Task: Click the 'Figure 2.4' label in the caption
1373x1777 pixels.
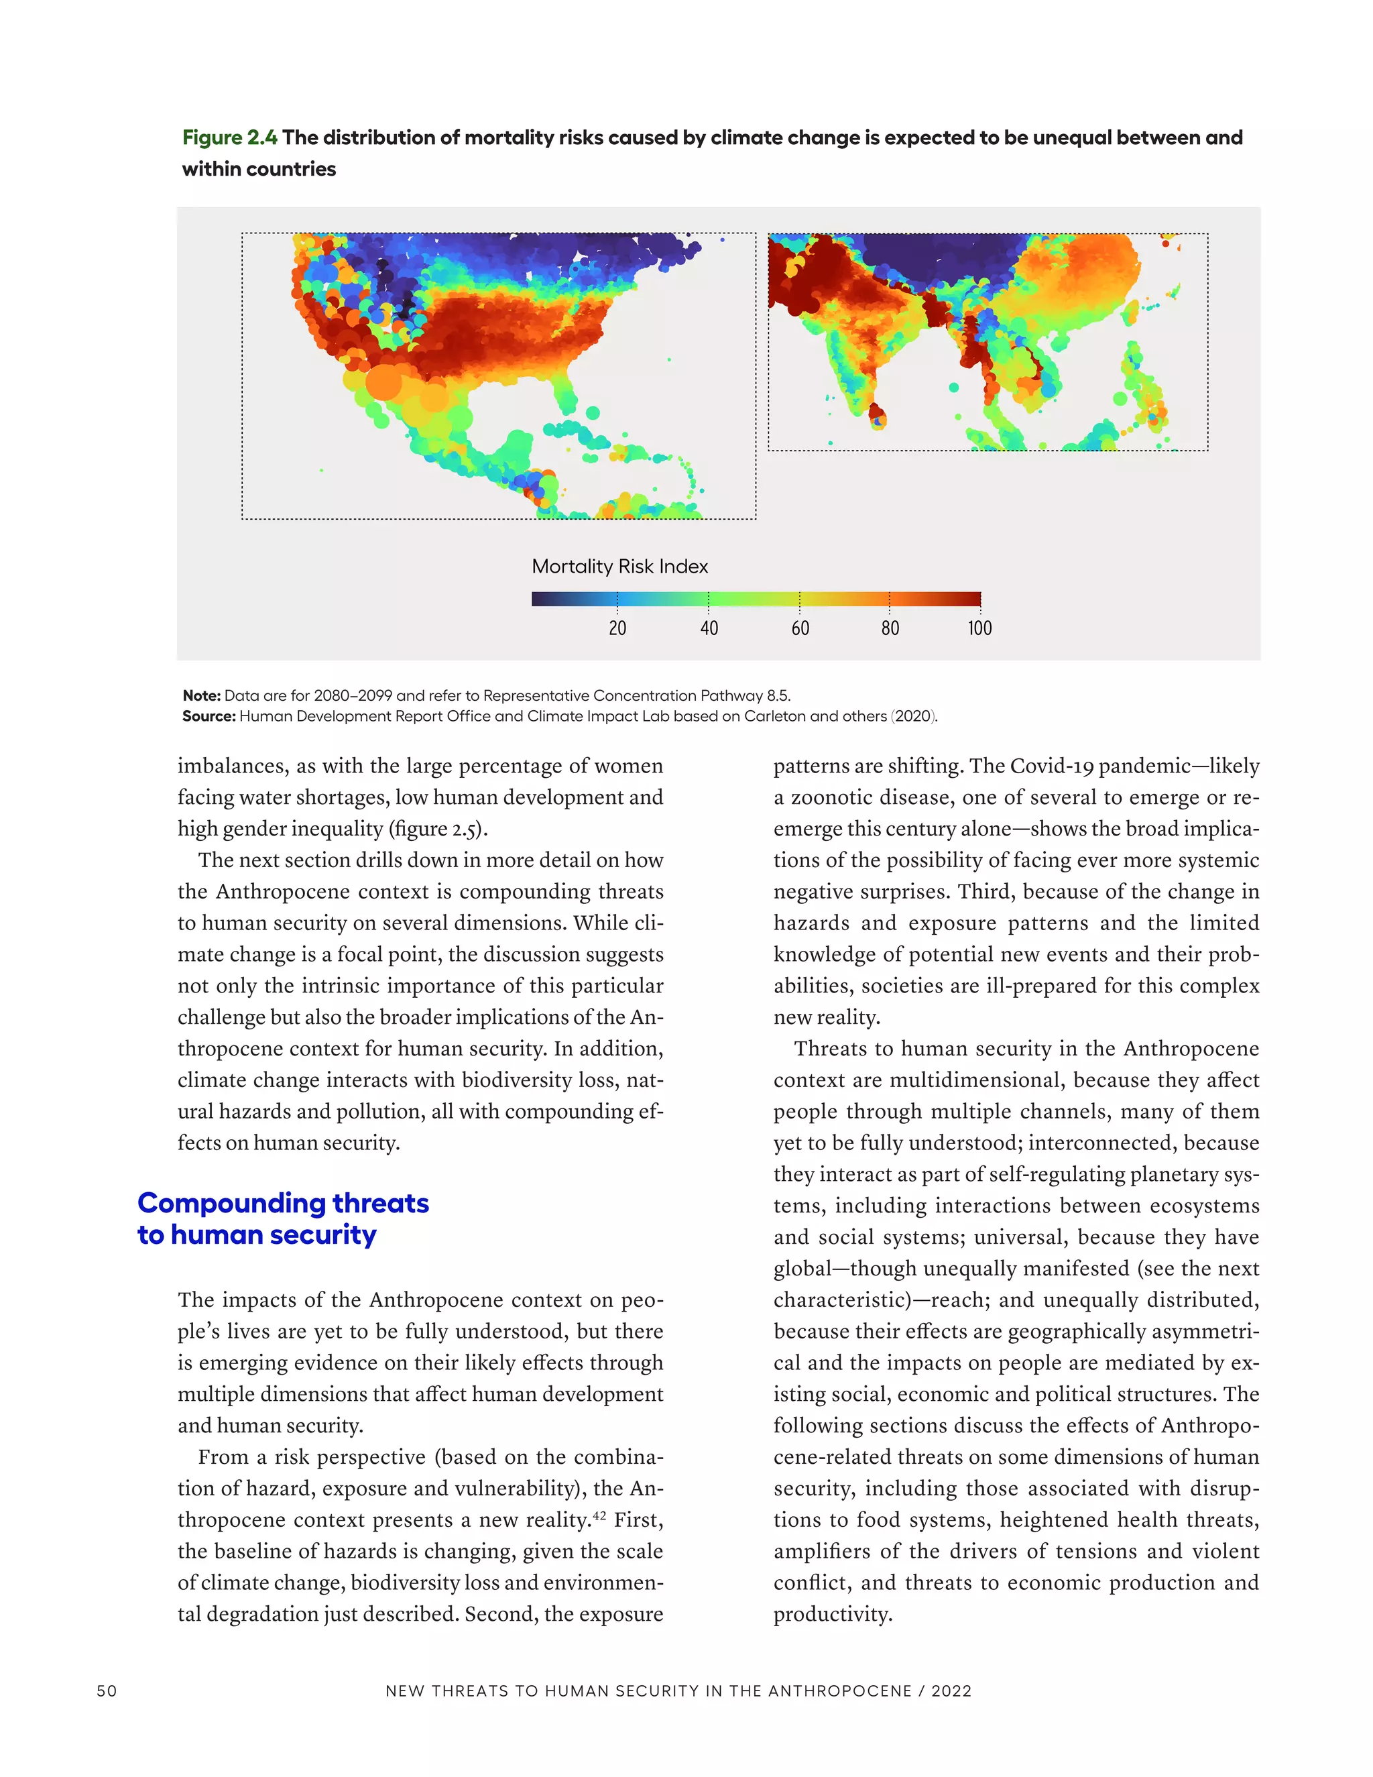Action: click(x=229, y=137)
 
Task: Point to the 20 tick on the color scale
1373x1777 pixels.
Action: click(x=617, y=628)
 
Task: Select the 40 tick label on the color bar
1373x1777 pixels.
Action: click(x=709, y=628)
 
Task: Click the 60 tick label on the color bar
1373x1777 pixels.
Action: click(x=800, y=628)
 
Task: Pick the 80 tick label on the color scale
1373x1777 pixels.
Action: click(x=890, y=628)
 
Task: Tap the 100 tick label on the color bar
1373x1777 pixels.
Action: click(x=979, y=628)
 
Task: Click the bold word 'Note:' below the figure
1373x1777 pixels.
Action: click(x=201, y=695)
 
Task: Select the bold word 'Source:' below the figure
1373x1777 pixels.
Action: click(x=208, y=716)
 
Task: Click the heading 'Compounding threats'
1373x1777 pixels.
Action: click(x=283, y=1202)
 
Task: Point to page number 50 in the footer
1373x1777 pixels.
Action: click(x=107, y=1690)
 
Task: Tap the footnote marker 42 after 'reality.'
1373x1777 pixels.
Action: click(x=599, y=1514)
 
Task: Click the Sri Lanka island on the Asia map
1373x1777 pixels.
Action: click(x=878, y=416)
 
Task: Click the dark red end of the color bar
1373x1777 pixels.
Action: click(x=973, y=599)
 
